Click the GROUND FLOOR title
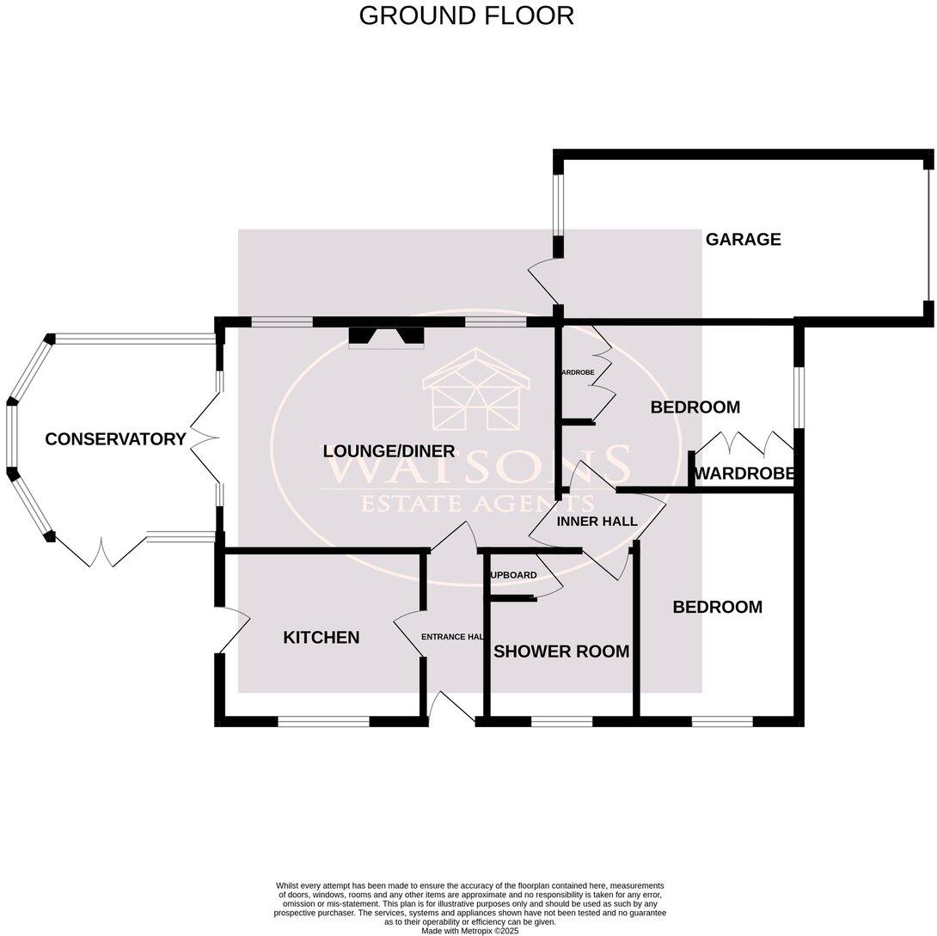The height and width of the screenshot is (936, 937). pyautogui.click(x=466, y=15)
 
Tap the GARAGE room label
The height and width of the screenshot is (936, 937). pyautogui.click(x=743, y=240)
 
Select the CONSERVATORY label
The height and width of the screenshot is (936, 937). pyautogui.click(x=115, y=439)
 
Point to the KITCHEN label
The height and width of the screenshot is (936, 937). pyautogui.click(x=322, y=638)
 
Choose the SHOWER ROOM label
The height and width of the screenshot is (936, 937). pyautogui.click(x=561, y=652)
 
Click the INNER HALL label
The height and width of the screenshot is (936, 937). pyautogui.click(x=597, y=522)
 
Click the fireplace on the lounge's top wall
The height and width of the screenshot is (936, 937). pyautogui.click(x=387, y=336)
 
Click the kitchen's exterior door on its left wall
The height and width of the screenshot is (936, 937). pyautogui.click(x=231, y=629)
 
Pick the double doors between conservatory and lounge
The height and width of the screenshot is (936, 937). pyautogui.click(x=204, y=439)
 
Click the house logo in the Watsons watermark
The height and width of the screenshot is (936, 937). pyautogui.click(x=476, y=392)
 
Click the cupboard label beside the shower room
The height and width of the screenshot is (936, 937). pyautogui.click(x=513, y=575)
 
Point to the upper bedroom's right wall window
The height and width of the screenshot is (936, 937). pyautogui.click(x=799, y=397)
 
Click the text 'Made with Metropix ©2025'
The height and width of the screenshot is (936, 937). pyautogui.click(x=469, y=930)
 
